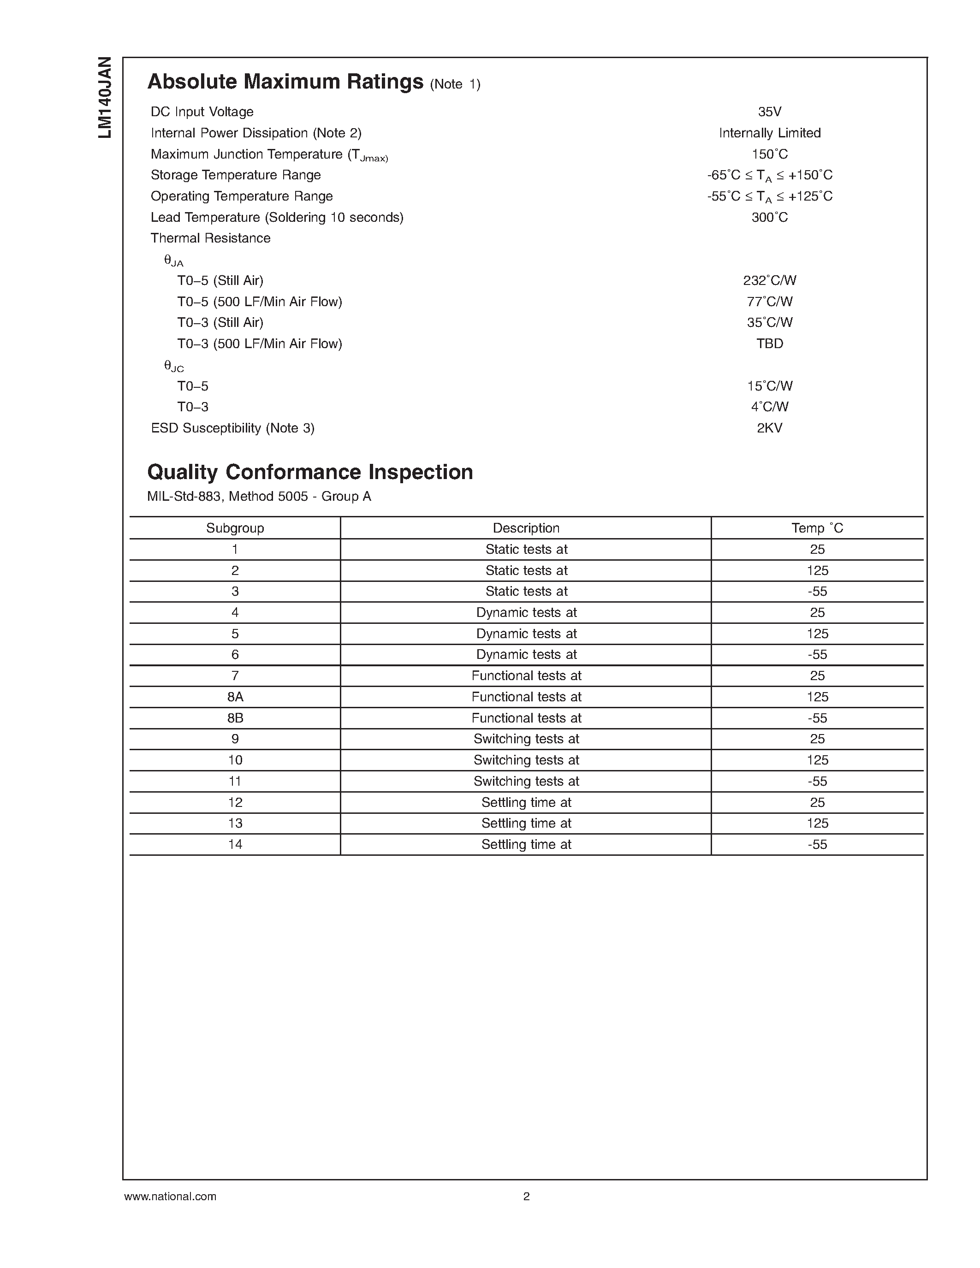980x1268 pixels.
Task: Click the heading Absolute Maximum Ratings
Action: (285, 82)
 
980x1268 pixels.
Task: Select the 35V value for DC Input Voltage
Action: (769, 112)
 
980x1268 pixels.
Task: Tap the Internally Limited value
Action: (769, 133)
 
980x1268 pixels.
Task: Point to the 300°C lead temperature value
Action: (769, 217)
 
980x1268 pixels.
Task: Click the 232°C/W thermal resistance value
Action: (769, 280)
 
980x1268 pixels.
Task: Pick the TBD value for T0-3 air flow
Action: (769, 344)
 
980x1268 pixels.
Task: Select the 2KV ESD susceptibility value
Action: (769, 428)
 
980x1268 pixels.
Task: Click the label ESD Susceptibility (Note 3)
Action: (232, 428)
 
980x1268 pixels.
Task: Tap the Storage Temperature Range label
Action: (235, 175)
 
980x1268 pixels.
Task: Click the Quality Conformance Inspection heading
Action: (310, 472)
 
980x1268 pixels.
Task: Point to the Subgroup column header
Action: (235, 528)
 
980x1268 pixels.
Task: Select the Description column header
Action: (526, 528)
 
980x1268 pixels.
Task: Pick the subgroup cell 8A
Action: (235, 697)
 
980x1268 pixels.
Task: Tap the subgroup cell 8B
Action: (235, 717)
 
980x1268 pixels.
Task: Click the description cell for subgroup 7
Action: (526, 676)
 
